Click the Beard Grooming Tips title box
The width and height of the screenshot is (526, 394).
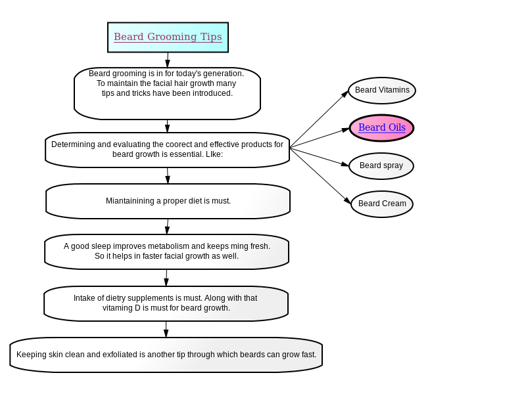168,37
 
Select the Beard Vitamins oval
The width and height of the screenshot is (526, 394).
382,91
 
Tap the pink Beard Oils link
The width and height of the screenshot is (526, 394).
382,127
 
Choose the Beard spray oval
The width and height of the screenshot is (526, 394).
381,166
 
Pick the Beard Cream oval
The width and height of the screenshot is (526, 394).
382,204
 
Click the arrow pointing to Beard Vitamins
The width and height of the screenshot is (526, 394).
319,119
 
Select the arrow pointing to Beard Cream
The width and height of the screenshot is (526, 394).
320,176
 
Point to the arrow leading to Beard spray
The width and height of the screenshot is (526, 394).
320,157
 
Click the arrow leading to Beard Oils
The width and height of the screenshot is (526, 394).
320,138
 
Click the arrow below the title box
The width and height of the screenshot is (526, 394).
168,60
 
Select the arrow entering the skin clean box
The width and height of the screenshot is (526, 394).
166,330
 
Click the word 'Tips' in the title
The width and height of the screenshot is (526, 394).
211,37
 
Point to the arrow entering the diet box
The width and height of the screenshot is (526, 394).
168,175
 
